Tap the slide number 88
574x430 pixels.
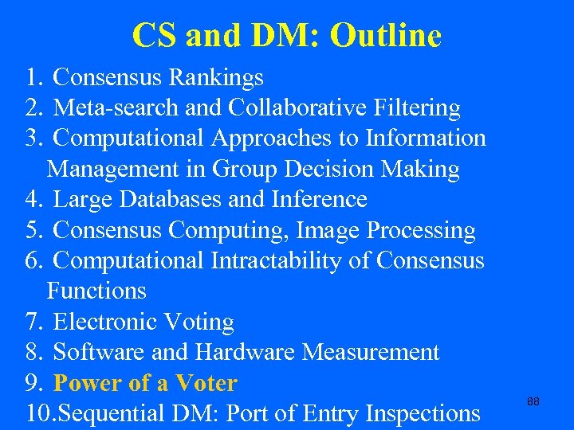(x=533, y=402)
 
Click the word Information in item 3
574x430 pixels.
(x=425, y=138)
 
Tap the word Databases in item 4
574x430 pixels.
(x=170, y=199)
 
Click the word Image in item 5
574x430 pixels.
(x=328, y=230)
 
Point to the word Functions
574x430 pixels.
(x=96, y=291)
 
